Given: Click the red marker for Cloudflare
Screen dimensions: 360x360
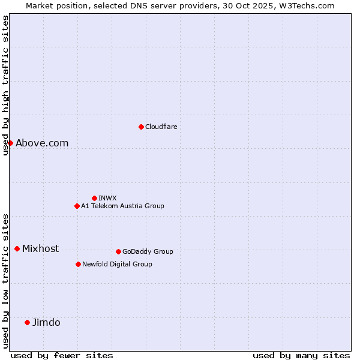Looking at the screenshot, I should (x=141, y=127).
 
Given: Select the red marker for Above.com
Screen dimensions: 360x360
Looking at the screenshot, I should (x=10, y=143).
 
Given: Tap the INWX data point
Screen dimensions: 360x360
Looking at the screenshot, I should (x=94, y=198).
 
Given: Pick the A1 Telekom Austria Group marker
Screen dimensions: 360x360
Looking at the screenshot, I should (x=77, y=206).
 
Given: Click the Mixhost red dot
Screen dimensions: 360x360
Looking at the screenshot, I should (x=17, y=248).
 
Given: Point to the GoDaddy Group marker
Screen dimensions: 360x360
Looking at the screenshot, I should (x=118, y=251).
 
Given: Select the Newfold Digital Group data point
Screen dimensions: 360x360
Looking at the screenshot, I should (x=78, y=264).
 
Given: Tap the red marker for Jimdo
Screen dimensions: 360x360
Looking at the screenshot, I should (x=27, y=322).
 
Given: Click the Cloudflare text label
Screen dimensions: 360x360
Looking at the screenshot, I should (x=161, y=127).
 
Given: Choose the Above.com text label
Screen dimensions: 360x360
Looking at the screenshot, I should (x=42, y=143).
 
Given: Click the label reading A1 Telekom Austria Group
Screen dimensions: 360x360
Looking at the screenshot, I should (x=122, y=206).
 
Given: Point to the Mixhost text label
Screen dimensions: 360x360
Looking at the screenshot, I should (x=40, y=248).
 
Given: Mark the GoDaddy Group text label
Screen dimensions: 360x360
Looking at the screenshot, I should (x=148, y=251).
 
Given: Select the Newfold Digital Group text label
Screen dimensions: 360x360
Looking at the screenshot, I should (x=117, y=264).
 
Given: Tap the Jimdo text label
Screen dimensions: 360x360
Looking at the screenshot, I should (x=46, y=322).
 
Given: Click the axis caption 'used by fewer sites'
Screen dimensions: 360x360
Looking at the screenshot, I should (x=62, y=355).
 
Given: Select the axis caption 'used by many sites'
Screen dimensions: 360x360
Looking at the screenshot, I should (x=301, y=355).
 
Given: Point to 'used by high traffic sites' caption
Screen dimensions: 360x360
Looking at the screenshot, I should (x=6, y=85).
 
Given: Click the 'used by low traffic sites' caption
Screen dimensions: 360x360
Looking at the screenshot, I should (x=6, y=280).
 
